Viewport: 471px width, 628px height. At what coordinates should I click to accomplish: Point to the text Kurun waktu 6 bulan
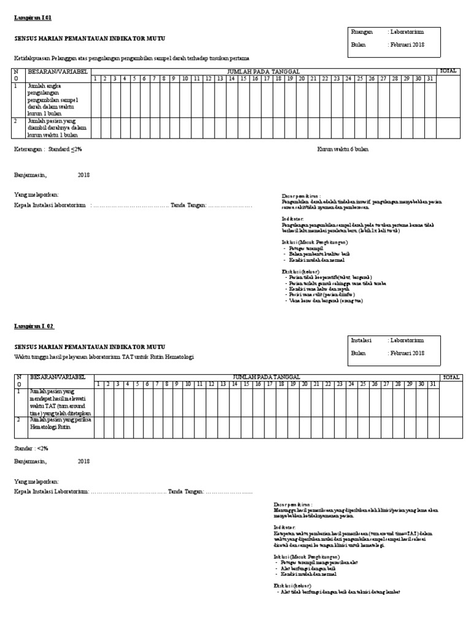pos(343,149)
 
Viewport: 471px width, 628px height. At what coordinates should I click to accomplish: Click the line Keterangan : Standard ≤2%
pos(48,149)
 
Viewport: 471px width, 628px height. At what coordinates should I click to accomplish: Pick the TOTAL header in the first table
pos(448,71)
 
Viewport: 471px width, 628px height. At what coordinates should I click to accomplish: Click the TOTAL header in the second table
pos(451,377)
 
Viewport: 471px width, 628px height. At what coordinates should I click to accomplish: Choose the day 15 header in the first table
pos(243,78)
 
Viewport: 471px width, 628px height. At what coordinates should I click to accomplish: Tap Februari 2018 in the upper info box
pos(405,45)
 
